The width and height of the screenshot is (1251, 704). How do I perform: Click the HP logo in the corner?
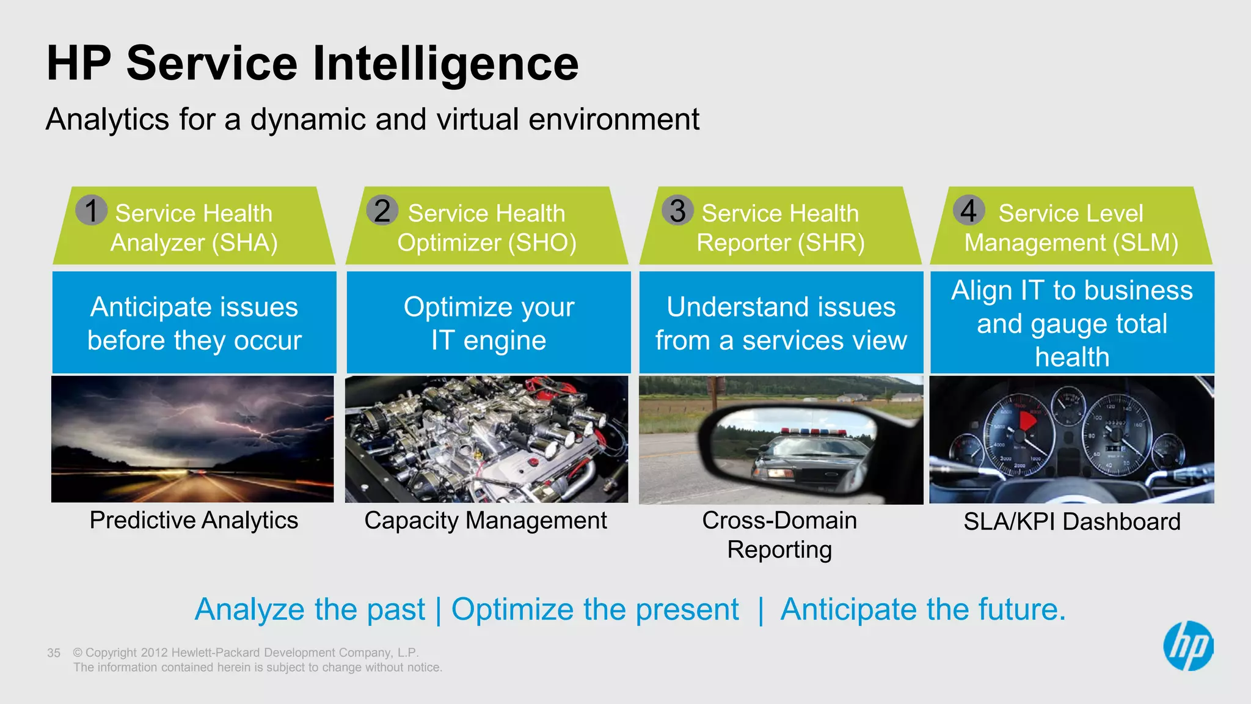pos(1188,646)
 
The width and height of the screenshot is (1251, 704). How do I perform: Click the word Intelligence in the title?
pos(445,63)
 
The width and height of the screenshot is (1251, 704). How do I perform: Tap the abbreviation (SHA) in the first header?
pos(245,243)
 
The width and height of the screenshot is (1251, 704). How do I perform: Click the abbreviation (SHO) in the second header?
pos(542,243)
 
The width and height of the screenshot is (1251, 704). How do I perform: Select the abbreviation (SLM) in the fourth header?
pos(1145,243)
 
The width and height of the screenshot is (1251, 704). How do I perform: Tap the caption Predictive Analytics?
pos(194,521)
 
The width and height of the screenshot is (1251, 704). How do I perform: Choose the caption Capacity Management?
pos(486,521)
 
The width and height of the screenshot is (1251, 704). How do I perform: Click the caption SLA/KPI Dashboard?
pos(1072,522)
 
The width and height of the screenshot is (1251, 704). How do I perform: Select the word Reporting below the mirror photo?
pos(779,549)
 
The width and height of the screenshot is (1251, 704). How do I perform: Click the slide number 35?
pos(54,653)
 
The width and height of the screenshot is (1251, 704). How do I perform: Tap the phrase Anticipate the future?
pos(922,609)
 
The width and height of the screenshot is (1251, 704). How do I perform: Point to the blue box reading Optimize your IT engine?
pos(489,323)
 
